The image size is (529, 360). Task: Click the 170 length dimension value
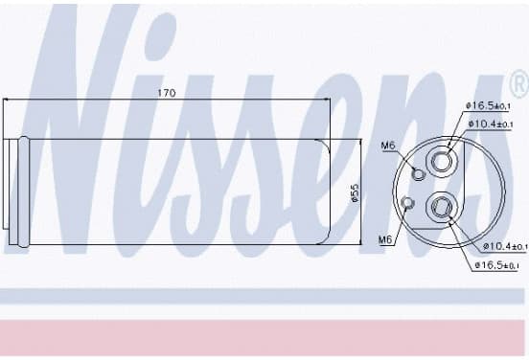click(x=167, y=93)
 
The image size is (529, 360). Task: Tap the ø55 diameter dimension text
click(x=356, y=192)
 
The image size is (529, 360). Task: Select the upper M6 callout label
click(x=387, y=146)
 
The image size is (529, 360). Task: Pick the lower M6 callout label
click(x=385, y=239)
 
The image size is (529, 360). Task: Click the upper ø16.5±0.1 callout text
click(x=488, y=106)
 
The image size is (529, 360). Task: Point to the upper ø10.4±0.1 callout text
click(x=491, y=124)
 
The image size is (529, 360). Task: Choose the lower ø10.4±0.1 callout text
click(x=505, y=246)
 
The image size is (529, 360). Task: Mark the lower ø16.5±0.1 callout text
click(x=496, y=265)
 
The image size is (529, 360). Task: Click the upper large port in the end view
click(x=441, y=162)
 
